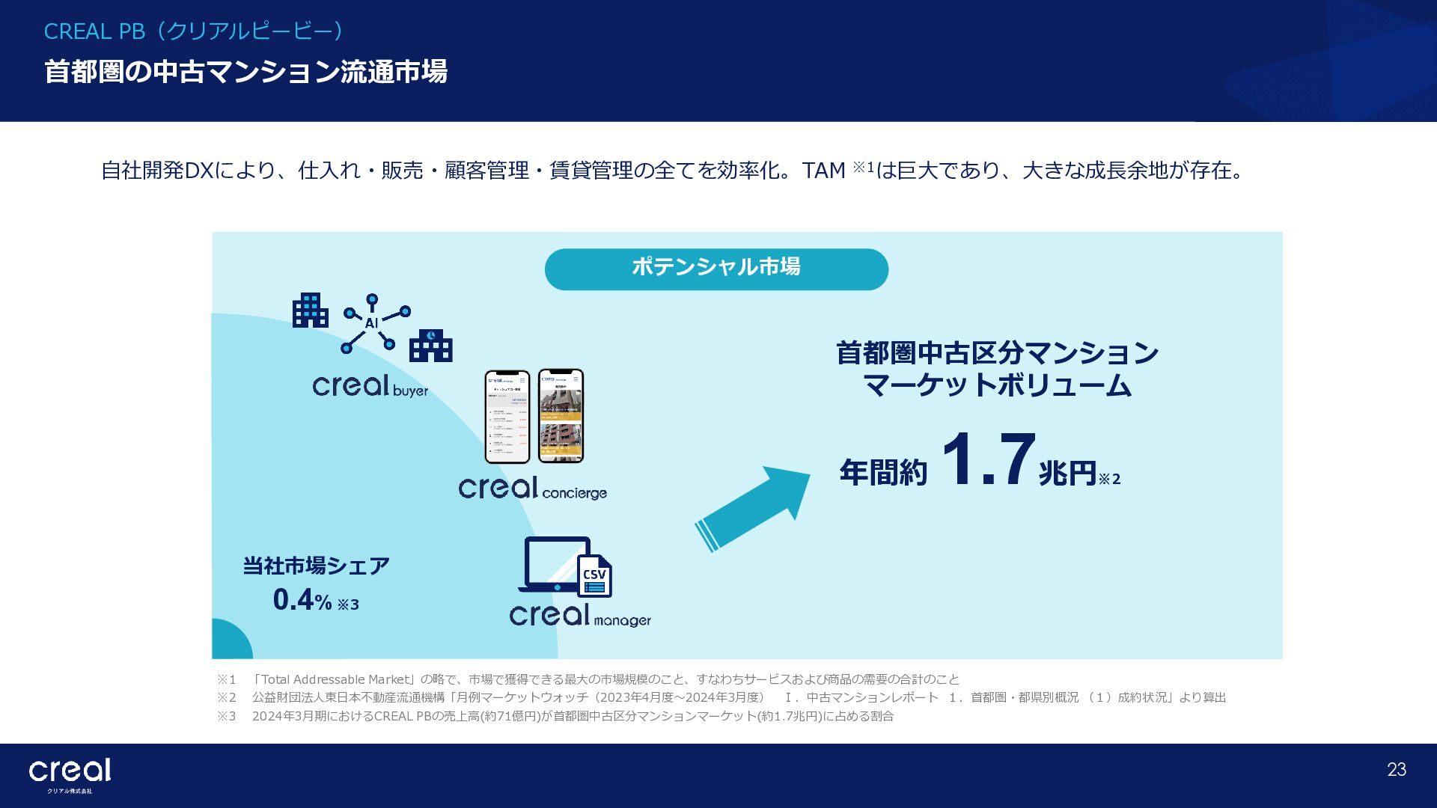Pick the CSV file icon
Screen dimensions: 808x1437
click(594, 576)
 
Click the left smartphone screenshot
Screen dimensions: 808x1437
click(507, 417)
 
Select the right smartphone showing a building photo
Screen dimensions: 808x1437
click(561, 416)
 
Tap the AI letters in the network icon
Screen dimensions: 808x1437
click(371, 323)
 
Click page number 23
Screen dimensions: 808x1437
click(1396, 770)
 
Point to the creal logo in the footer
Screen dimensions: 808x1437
click(70, 771)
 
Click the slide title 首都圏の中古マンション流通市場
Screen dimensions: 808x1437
click(245, 72)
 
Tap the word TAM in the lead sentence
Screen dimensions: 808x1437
click(823, 171)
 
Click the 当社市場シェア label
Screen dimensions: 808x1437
click(316, 566)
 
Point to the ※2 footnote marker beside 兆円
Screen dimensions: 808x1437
click(1109, 479)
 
